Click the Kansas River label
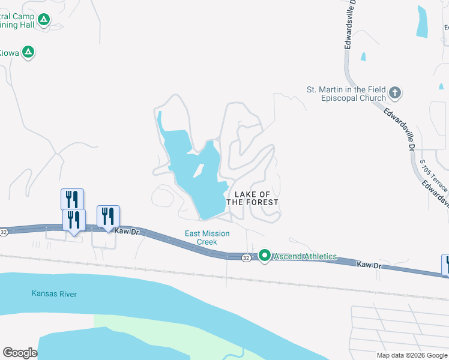click(x=54, y=293)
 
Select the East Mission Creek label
click(x=206, y=238)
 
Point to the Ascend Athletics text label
click(x=306, y=256)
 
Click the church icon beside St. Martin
click(x=395, y=93)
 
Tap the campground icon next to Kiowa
click(x=28, y=52)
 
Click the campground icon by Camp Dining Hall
click(x=43, y=20)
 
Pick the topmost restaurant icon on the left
click(x=72, y=198)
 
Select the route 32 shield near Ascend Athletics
click(x=246, y=257)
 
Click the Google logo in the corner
click(x=20, y=353)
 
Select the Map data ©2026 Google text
click(x=411, y=355)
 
